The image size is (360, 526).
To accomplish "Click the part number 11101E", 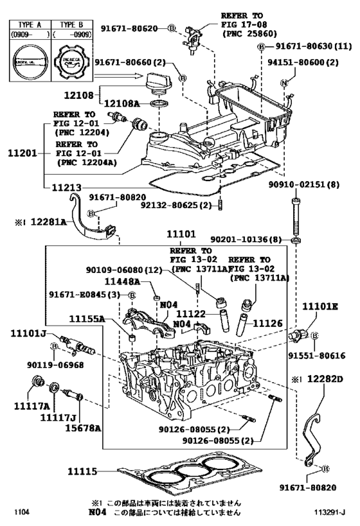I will point(320,308).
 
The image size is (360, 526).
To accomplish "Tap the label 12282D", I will point(325,380).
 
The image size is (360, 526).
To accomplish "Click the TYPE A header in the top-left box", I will point(30,26).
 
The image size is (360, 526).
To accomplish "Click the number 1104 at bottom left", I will point(24,513).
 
